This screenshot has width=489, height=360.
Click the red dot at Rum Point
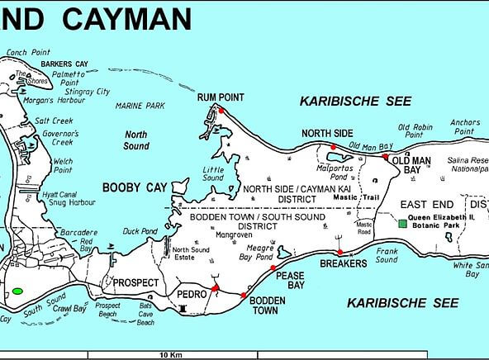click(x=221, y=110)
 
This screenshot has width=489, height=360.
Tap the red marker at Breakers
click(x=340, y=252)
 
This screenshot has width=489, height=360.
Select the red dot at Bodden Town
click(x=243, y=295)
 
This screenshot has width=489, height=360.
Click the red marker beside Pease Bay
click(x=273, y=268)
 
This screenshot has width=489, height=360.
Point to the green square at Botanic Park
click(x=401, y=224)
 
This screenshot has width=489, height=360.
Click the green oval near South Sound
click(x=17, y=291)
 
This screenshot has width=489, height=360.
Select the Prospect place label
click(x=135, y=282)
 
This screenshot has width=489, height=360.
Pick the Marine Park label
click(x=142, y=105)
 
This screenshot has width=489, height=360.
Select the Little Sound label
click(x=213, y=173)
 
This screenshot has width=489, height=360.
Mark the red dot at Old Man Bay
click(x=386, y=155)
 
